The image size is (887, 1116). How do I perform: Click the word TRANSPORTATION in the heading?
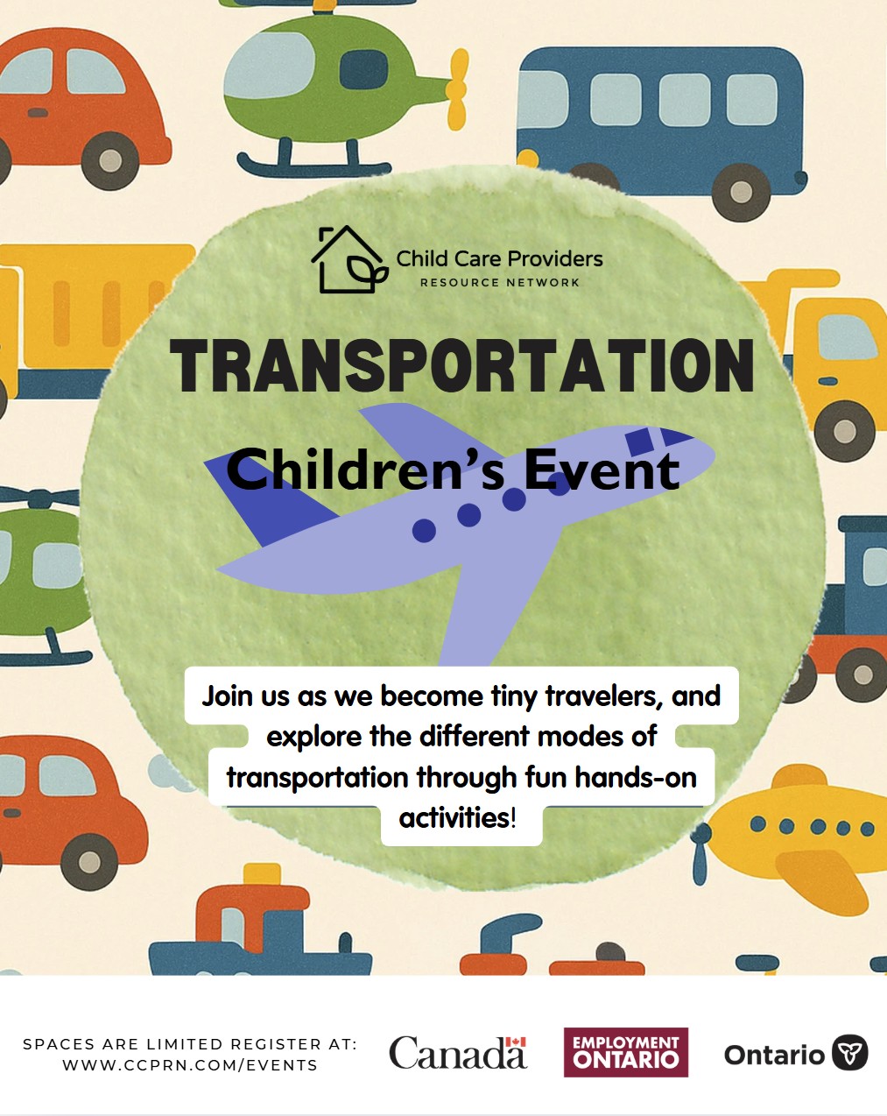tap(461, 365)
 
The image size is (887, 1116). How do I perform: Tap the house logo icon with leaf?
tap(348, 259)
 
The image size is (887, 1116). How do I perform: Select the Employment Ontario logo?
tap(626, 1052)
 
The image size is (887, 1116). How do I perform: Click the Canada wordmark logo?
tap(458, 1052)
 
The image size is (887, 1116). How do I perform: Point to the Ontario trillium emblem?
tap(849, 1053)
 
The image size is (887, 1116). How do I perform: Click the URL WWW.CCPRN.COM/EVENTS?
tap(190, 1065)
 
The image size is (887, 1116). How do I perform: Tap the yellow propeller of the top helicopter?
tap(458, 89)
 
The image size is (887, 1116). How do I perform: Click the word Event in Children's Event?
tap(602, 470)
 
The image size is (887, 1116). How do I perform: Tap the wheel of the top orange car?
tap(110, 160)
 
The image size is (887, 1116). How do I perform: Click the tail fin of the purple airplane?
tap(270, 498)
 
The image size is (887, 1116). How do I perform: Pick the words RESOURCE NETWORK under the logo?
tap(500, 283)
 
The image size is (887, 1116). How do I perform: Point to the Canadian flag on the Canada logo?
tap(516, 1042)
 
